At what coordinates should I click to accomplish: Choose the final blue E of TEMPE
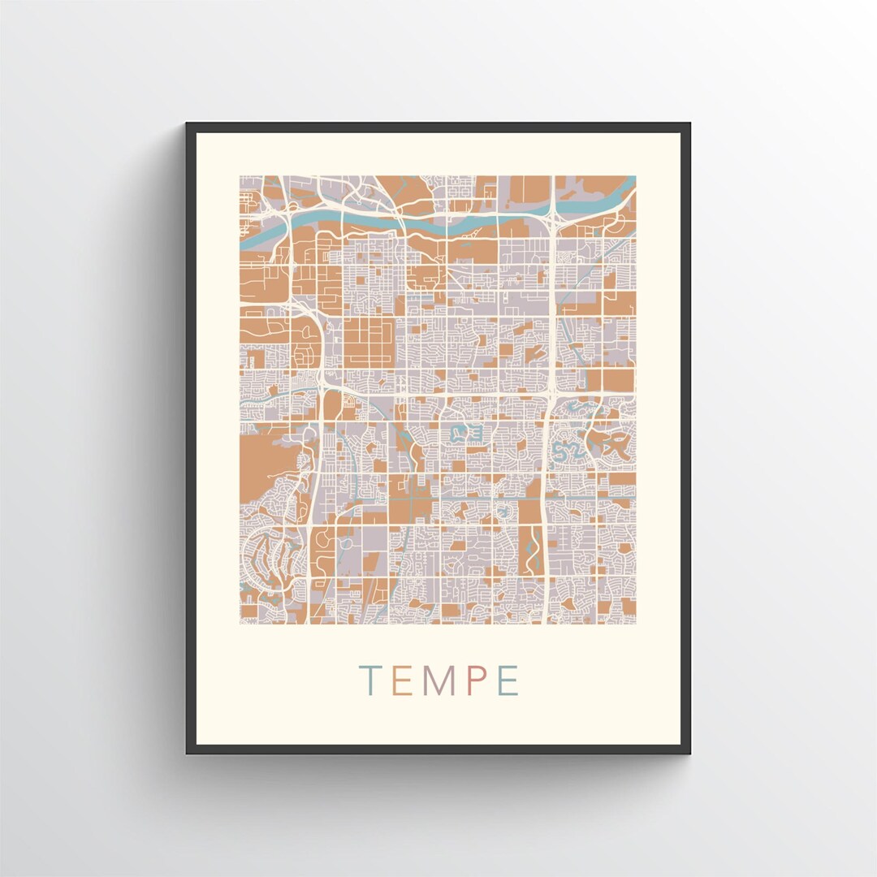[x=508, y=681]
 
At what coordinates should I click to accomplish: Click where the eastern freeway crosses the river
[x=552, y=214]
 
